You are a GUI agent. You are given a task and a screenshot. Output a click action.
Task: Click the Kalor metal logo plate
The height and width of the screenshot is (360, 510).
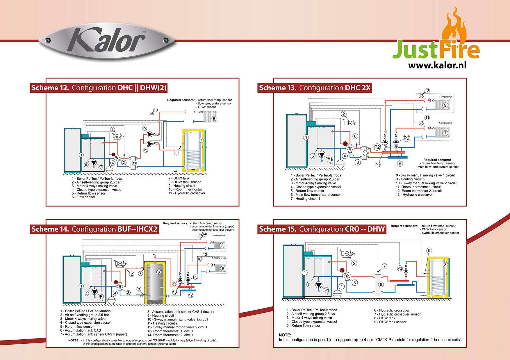point(107,41)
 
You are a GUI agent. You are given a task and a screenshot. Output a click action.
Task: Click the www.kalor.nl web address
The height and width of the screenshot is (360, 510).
point(437,65)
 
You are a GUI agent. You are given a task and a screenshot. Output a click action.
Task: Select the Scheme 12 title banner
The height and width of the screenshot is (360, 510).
point(99,88)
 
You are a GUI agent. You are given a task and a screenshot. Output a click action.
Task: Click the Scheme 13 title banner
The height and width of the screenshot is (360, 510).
point(315,88)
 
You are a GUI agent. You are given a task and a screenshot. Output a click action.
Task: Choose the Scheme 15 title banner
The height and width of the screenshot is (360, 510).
point(322,229)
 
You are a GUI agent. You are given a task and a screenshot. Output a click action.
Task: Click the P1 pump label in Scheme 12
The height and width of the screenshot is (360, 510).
point(100,166)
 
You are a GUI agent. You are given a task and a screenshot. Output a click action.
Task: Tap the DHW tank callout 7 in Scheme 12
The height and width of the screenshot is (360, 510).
point(201,140)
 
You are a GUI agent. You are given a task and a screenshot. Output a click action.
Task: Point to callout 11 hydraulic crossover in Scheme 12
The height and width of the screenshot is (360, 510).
point(134,163)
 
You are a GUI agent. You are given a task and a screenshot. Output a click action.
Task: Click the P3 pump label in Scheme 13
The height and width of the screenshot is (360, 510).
point(406,138)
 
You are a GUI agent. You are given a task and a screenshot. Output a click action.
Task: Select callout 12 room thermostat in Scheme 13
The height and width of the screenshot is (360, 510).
point(427,91)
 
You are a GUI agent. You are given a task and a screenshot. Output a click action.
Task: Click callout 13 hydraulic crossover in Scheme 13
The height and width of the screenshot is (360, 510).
point(365,153)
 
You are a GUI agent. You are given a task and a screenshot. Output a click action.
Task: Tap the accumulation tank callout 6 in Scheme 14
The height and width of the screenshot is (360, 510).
point(159,272)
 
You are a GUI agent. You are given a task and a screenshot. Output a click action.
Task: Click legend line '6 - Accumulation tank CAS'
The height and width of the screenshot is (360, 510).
point(81,330)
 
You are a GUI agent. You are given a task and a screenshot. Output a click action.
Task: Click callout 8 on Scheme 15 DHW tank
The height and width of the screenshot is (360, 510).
point(445,265)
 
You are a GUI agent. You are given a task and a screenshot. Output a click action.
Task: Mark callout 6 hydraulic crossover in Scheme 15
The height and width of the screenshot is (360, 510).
point(381,284)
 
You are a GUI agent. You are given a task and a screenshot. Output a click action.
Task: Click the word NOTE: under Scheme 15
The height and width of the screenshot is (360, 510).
point(285,335)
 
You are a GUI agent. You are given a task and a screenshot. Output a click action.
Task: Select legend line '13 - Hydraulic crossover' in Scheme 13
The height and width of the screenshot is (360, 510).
point(414,195)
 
